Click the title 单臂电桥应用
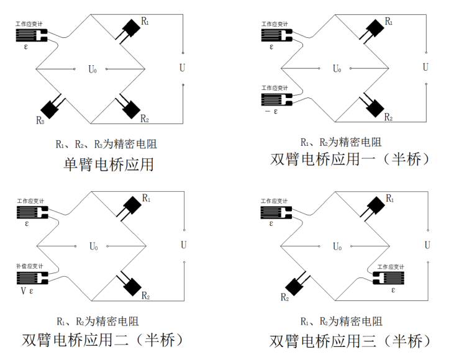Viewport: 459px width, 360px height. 109,164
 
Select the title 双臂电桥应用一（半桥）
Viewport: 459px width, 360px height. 350,159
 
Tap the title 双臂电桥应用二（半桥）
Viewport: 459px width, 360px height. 102,340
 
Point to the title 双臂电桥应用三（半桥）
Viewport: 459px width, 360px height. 350,341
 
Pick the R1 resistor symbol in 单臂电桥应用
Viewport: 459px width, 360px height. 130,28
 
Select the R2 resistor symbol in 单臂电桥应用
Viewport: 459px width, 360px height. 130,107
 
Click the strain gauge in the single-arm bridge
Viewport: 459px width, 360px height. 30,35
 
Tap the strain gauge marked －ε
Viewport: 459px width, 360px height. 275,99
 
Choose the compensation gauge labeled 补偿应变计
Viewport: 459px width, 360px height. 30,277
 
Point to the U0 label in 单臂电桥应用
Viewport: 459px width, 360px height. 93,69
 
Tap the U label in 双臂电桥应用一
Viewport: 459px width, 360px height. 425,67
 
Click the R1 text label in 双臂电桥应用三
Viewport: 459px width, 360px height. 389,198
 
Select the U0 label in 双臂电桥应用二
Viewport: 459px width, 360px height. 93,246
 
